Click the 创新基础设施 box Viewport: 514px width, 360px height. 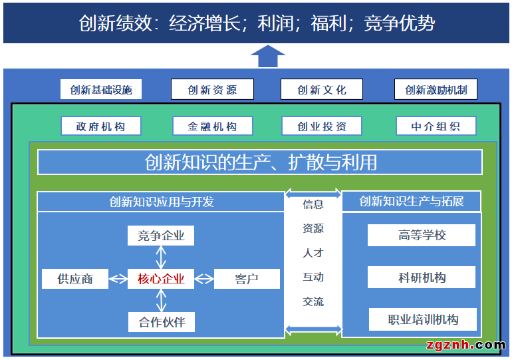(101, 90)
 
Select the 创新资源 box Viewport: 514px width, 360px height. (212, 90)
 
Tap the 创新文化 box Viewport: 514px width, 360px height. (322, 90)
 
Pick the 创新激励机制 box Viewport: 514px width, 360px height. (436, 90)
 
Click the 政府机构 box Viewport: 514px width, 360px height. (100, 126)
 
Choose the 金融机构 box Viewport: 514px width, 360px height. (212, 126)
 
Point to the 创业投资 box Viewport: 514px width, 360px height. (322, 126)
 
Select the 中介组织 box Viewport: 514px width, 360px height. (436, 126)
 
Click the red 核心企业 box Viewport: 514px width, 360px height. (161, 279)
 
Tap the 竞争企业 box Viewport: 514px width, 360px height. (161, 236)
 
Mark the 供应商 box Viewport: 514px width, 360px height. (75, 279)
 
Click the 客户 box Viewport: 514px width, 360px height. (247, 279)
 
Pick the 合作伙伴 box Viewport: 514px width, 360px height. (161, 323)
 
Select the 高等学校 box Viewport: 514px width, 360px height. (422, 236)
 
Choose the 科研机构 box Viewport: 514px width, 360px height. (422, 277)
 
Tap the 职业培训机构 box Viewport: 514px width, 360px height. (423, 319)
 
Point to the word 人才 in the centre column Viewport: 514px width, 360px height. (313, 253)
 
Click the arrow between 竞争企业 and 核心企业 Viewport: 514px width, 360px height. (161, 257)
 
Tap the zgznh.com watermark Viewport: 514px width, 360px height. (465, 345)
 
